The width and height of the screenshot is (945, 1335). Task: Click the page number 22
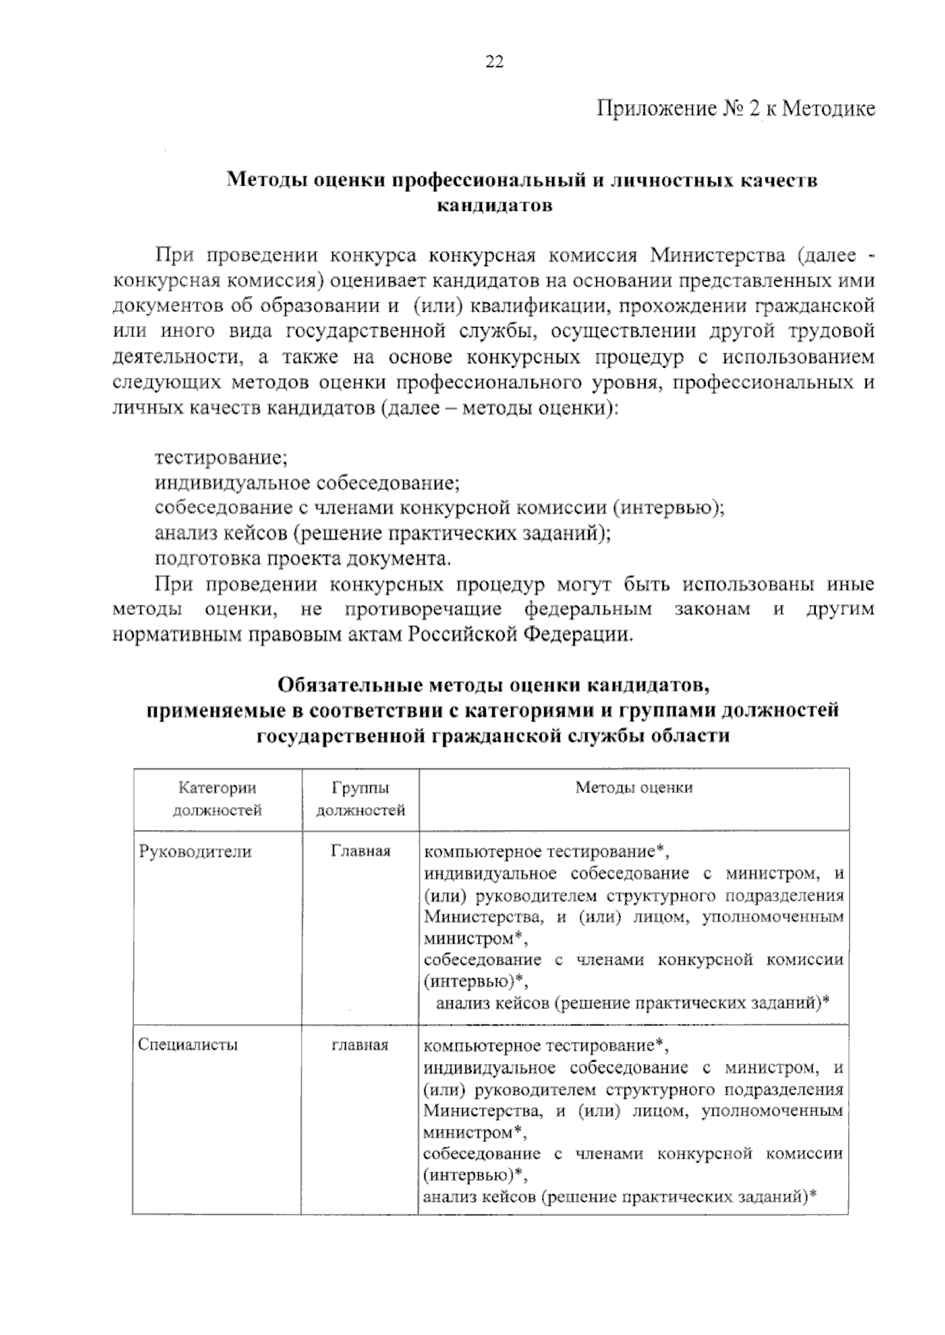click(x=495, y=63)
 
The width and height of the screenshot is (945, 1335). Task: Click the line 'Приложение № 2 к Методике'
click(x=736, y=108)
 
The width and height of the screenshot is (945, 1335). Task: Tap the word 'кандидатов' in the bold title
click(x=494, y=206)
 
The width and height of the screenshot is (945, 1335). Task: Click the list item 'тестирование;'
click(x=220, y=457)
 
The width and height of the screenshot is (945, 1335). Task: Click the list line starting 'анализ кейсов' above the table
click(x=383, y=533)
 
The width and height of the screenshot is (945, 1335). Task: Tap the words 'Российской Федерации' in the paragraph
click(x=520, y=635)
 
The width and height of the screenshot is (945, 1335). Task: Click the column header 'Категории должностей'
click(x=217, y=799)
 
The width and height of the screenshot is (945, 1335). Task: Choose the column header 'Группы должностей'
click(x=360, y=799)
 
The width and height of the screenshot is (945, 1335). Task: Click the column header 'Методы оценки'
click(x=633, y=788)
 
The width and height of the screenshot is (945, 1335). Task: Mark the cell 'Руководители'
click(x=195, y=851)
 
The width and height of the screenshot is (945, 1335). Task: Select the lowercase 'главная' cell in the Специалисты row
click(x=360, y=1045)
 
